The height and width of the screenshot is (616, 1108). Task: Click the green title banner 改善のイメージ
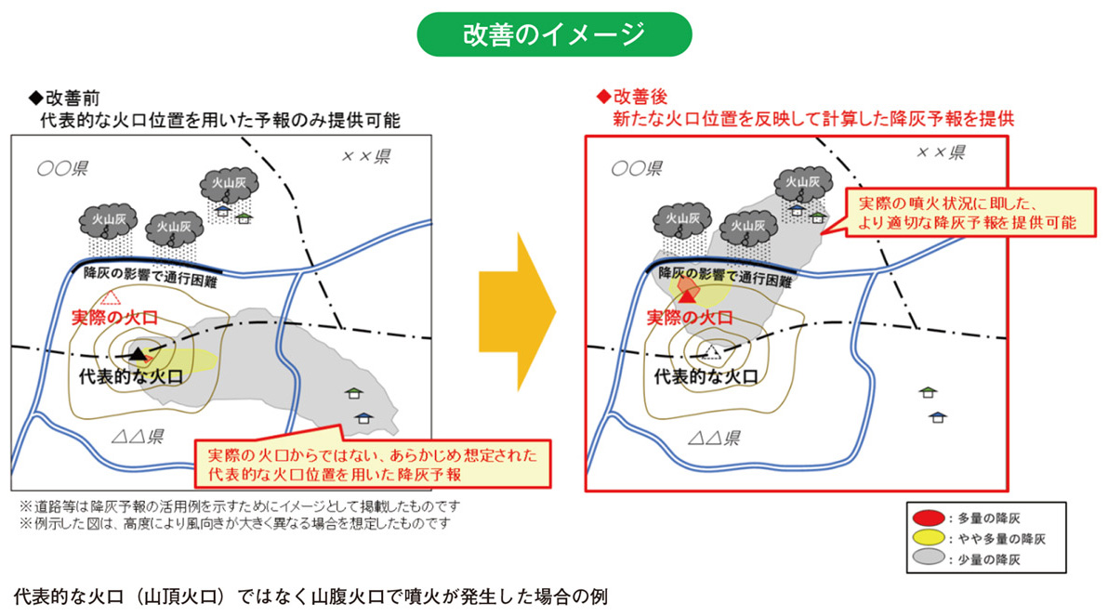pyautogui.click(x=554, y=34)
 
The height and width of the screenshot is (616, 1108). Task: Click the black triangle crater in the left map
pyautogui.click(x=138, y=353)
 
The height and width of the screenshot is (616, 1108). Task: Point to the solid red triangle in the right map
pyautogui.click(x=688, y=293)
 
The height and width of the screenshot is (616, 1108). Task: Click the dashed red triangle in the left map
pyautogui.click(x=112, y=297)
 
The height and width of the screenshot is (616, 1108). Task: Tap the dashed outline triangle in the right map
pyautogui.click(x=711, y=351)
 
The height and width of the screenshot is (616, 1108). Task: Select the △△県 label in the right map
pyautogui.click(x=713, y=438)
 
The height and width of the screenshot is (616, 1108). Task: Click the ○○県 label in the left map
pyautogui.click(x=62, y=169)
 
